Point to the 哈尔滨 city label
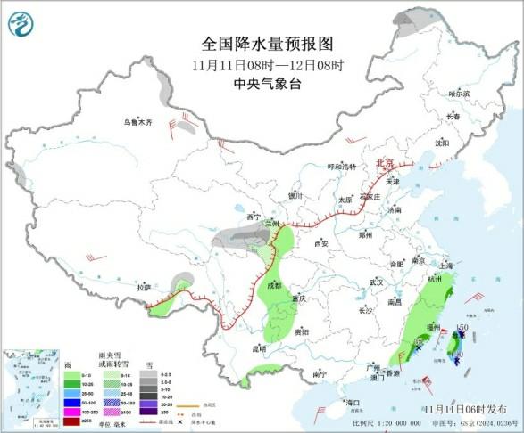click(x=458, y=93)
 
